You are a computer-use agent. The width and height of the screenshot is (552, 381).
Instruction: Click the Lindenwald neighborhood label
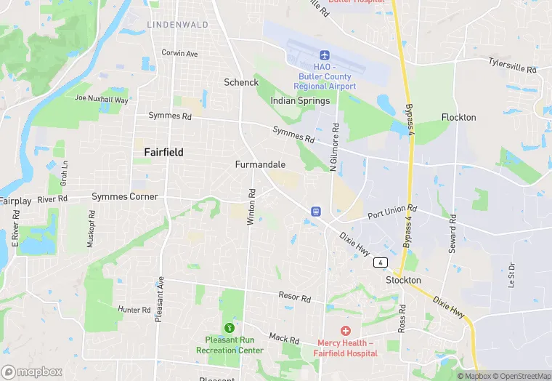click(177, 25)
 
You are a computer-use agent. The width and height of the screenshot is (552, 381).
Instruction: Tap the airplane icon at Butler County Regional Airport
click(325, 55)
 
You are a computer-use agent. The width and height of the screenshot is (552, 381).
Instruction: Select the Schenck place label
click(241, 82)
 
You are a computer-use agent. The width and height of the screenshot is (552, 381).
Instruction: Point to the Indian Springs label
click(300, 100)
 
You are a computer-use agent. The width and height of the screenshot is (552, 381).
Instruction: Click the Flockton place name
click(458, 117)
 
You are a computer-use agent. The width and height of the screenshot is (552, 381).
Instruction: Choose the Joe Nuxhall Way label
click(101, 99)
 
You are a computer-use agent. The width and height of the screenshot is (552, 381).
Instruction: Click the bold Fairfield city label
click(158, 153)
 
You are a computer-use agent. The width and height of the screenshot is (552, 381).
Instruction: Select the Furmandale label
click(260, 164)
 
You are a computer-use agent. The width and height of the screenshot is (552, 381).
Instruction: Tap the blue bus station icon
click(316, 211)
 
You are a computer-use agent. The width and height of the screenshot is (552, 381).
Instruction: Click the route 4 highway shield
click(381, 262)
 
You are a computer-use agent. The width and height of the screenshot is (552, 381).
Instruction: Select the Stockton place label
click(403, 280)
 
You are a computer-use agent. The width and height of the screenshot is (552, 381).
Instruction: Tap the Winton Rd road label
click(251, 207)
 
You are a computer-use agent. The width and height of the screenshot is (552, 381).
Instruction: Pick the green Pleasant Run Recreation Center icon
click(230, 328)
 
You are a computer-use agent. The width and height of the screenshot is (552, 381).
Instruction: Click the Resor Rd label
click(294, 297)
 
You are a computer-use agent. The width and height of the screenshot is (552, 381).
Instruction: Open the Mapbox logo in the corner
click(32, 372)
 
